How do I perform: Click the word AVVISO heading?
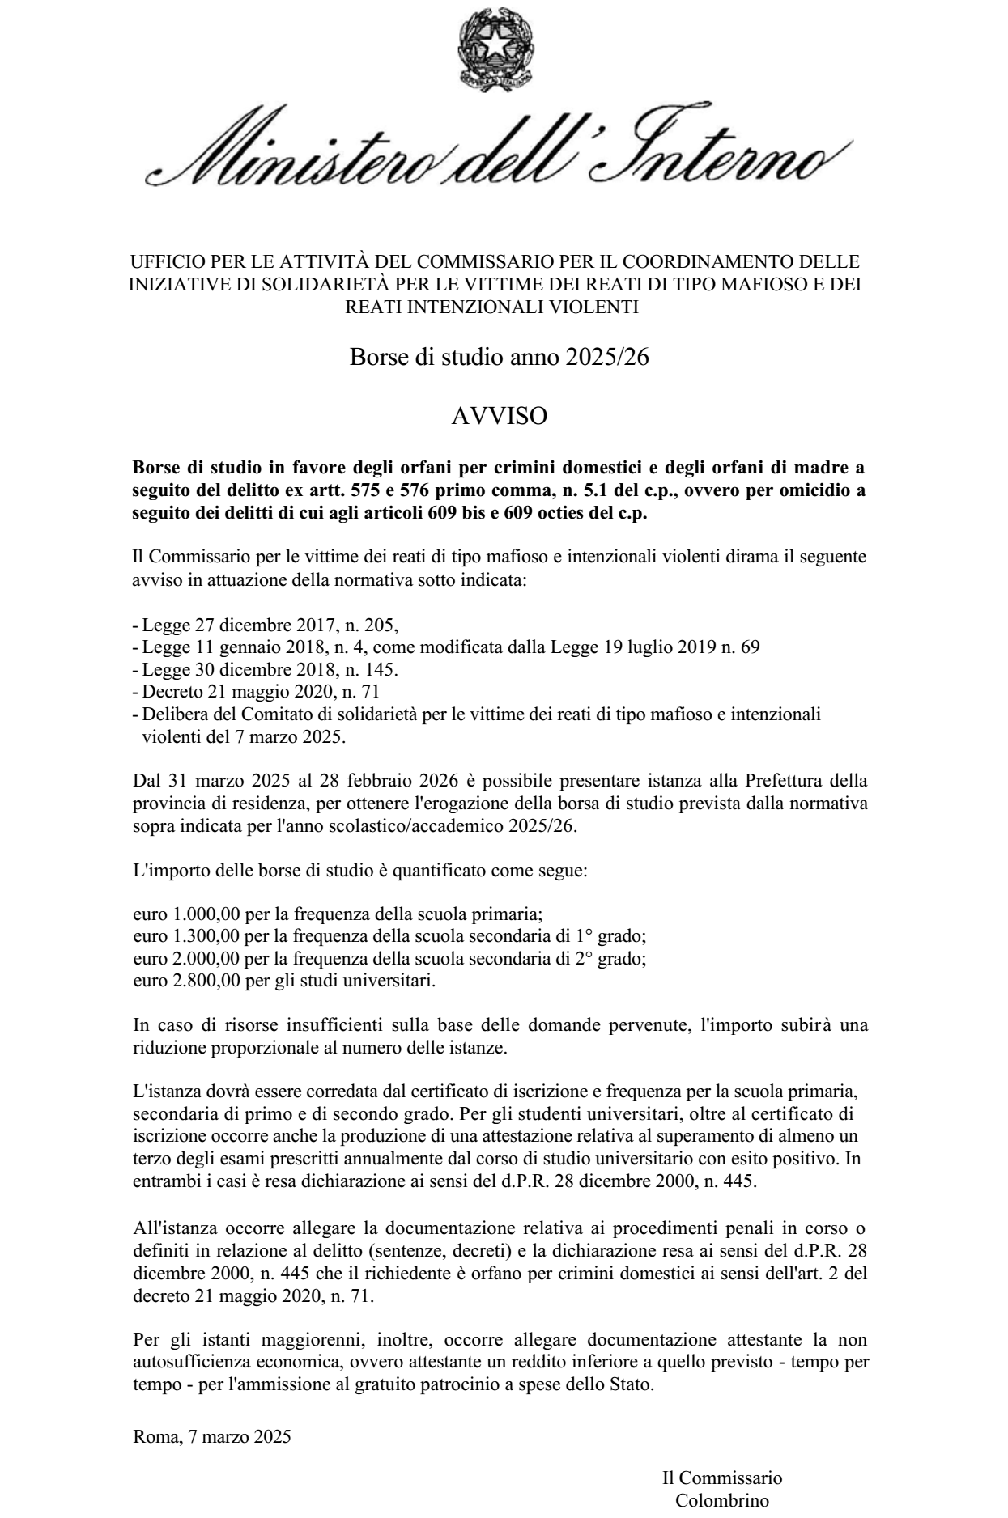pos(499,416)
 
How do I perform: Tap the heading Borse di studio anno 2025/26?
pos(499,357)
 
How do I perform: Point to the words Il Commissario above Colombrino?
pos(722,1478)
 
